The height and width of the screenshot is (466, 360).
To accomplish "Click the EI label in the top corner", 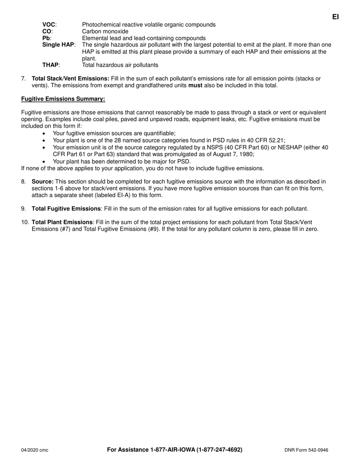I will (335, 17).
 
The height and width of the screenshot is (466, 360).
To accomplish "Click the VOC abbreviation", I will (49, 25).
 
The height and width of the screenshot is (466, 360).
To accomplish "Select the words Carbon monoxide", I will (105, 31).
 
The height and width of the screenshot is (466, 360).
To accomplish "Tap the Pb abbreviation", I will (46, 38).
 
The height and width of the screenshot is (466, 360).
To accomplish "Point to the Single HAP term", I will (58, 45).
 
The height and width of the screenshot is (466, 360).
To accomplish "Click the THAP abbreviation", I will (50, 65).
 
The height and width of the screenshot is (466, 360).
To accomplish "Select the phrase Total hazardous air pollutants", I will (120, 65).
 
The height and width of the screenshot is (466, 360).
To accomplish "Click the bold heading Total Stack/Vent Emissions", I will (70, 79).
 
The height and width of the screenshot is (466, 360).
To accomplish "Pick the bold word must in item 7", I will (195, 86).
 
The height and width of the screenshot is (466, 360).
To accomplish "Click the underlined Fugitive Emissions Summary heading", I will (63, 99).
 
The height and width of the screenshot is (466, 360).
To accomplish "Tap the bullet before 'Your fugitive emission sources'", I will (44, 134).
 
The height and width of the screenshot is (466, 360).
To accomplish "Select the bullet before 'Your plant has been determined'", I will (44, 161).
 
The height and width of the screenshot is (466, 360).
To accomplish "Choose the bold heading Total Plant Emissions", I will (62, 222).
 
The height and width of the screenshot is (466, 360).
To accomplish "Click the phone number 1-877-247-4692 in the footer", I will (219, 450).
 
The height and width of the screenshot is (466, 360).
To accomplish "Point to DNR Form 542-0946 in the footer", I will (306, 450).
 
